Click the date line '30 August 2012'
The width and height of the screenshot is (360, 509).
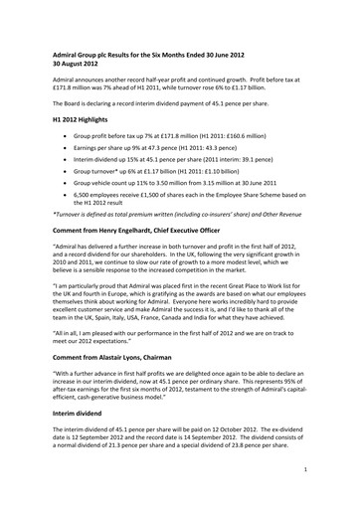(x=80, y=70)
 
